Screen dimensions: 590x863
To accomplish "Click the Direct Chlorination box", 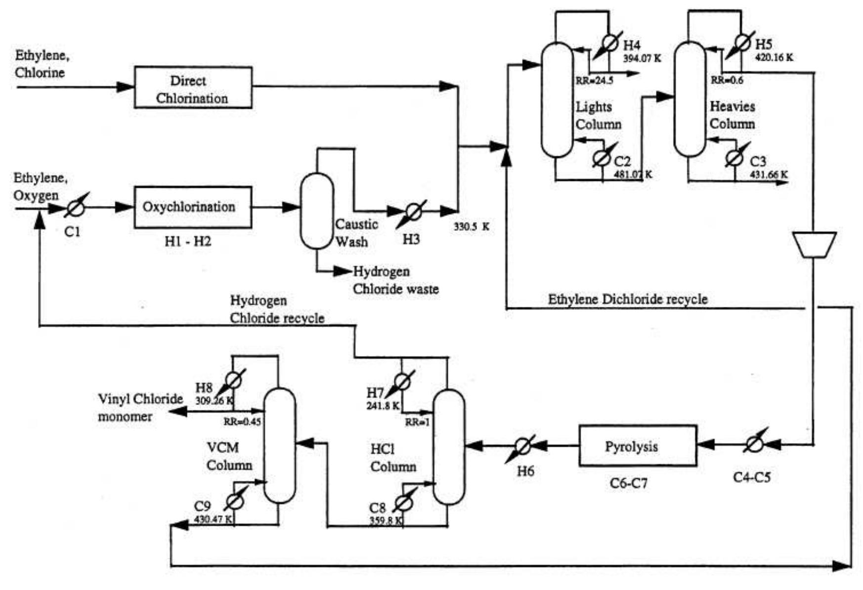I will [x=193, y=87].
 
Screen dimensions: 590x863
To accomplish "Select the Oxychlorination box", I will [x=193, y=207].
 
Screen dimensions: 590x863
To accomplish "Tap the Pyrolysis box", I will [x=638, y=446].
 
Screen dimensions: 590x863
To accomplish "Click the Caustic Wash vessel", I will [x=317, y=211].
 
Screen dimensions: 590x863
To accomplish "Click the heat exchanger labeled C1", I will [x=75, y=208].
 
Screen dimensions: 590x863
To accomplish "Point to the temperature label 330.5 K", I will [x=472, y=227].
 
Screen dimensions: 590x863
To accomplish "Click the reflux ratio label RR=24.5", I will [x=594, y=80].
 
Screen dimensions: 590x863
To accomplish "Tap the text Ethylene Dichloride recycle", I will [x=628, y=299].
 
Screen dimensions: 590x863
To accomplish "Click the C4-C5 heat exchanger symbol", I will [x=753, y=445].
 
